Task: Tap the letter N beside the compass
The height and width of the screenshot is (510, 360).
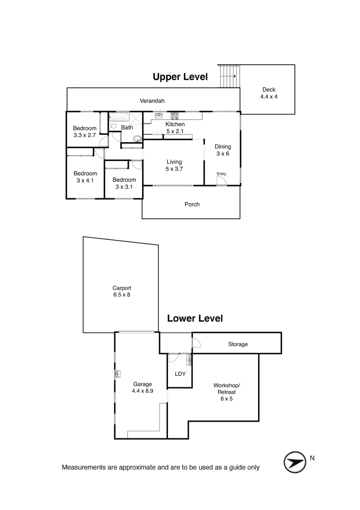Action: tap(312, 458)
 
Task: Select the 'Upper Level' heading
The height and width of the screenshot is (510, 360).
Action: tap(180, 77)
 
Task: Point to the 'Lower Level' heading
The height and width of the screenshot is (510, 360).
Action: tap(195, 319)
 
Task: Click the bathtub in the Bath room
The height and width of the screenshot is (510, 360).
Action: tap(119, 118)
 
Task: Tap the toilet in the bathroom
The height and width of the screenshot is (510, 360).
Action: tap(114, 126)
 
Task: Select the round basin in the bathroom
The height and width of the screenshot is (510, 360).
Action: tap(137, 138)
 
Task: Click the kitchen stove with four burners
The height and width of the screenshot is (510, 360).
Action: tap(174, 115)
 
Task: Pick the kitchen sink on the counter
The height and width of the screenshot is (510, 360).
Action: tap(159, 115)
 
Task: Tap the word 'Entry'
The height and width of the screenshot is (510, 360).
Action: tap(221, 174)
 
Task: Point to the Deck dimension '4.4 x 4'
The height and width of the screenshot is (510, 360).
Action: tap(269, 97)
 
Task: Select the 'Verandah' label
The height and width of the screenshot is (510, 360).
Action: tap(152, 101)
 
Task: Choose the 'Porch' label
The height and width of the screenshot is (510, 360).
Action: tap(192, 204)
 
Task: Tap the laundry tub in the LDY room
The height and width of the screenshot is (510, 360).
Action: tap(189, 360)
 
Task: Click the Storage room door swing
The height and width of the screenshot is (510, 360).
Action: tap(196, 343)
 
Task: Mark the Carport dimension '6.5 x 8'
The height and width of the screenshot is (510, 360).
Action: tap(121, 295)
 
